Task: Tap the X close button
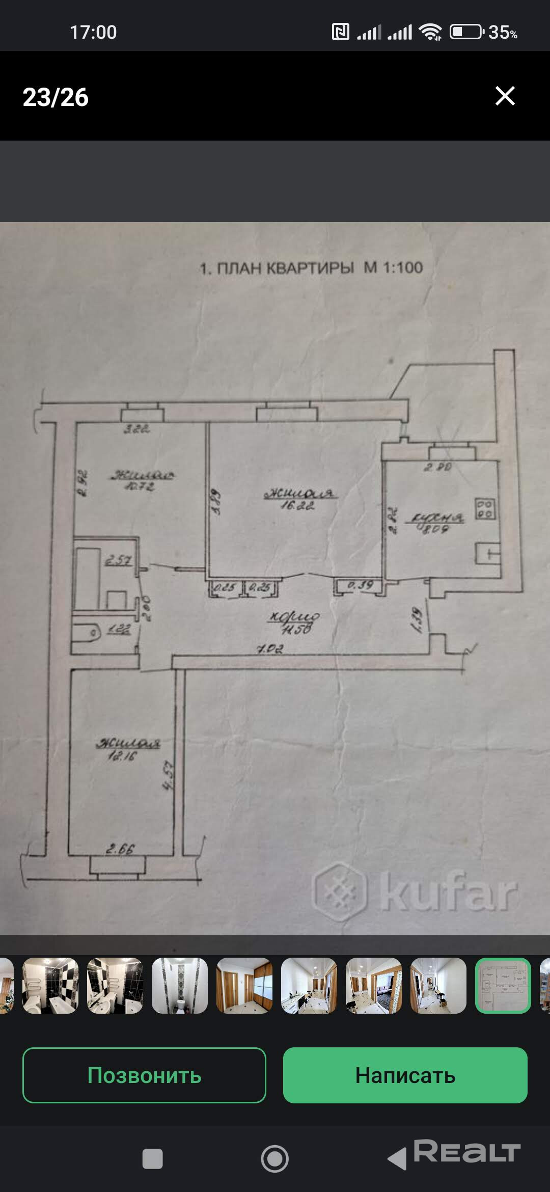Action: pos(505,96)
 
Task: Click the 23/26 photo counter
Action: pos(56,97)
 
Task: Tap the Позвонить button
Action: pos(144,1075)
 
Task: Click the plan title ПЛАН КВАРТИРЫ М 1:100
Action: pos(311,268)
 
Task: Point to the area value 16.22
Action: pos(297,505)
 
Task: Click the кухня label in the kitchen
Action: pos(435,518)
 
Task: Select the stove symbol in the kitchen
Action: pos(485,508)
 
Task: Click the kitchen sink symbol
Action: pos(488,553)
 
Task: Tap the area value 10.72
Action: pos(140,486)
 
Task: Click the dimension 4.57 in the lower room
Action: pos(169,775)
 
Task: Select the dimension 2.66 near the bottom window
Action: pos(120,849)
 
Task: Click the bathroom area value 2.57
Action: pos(118,560)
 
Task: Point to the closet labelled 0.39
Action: pos(360,585)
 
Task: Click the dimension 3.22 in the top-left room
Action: pos(136,429)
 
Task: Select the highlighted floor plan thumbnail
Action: pos(503,985)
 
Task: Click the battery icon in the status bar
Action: pos(465,32)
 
